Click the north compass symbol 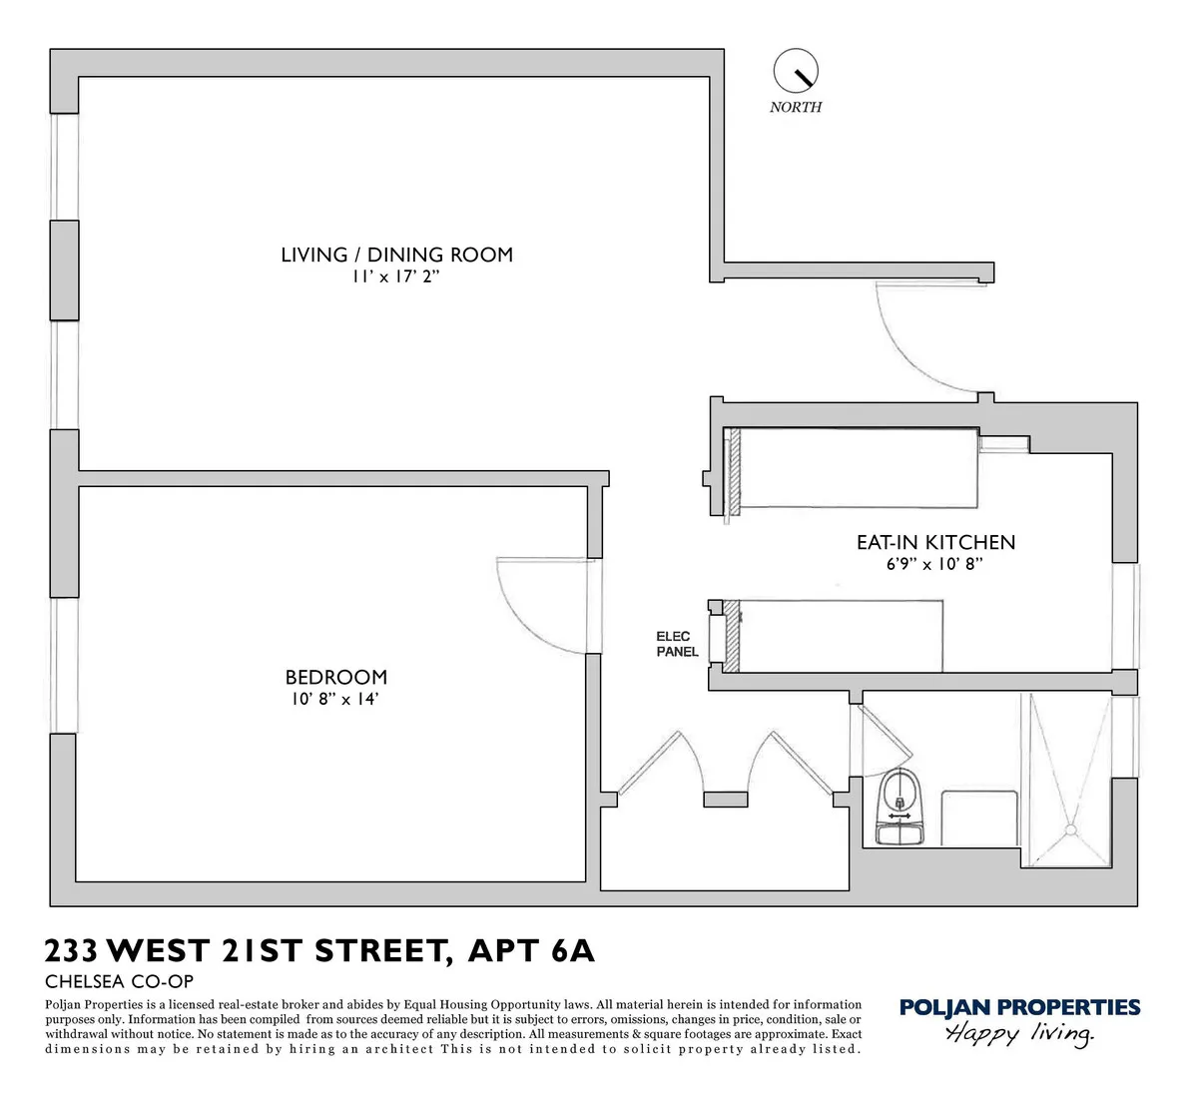click(x=796, y=71)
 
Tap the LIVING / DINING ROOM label click(x=396, y=255)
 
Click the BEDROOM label click(x=335, y=677)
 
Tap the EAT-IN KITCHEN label click(x=935, y=543)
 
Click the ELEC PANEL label click(x=677, y=644)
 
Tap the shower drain click(x=1071, y=827)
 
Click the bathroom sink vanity click(x=978, y=819)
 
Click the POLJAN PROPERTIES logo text click(x=1019, y=1007)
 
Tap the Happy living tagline click(x=1019, y=1034)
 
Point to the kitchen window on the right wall click(x=1126, y=616)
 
